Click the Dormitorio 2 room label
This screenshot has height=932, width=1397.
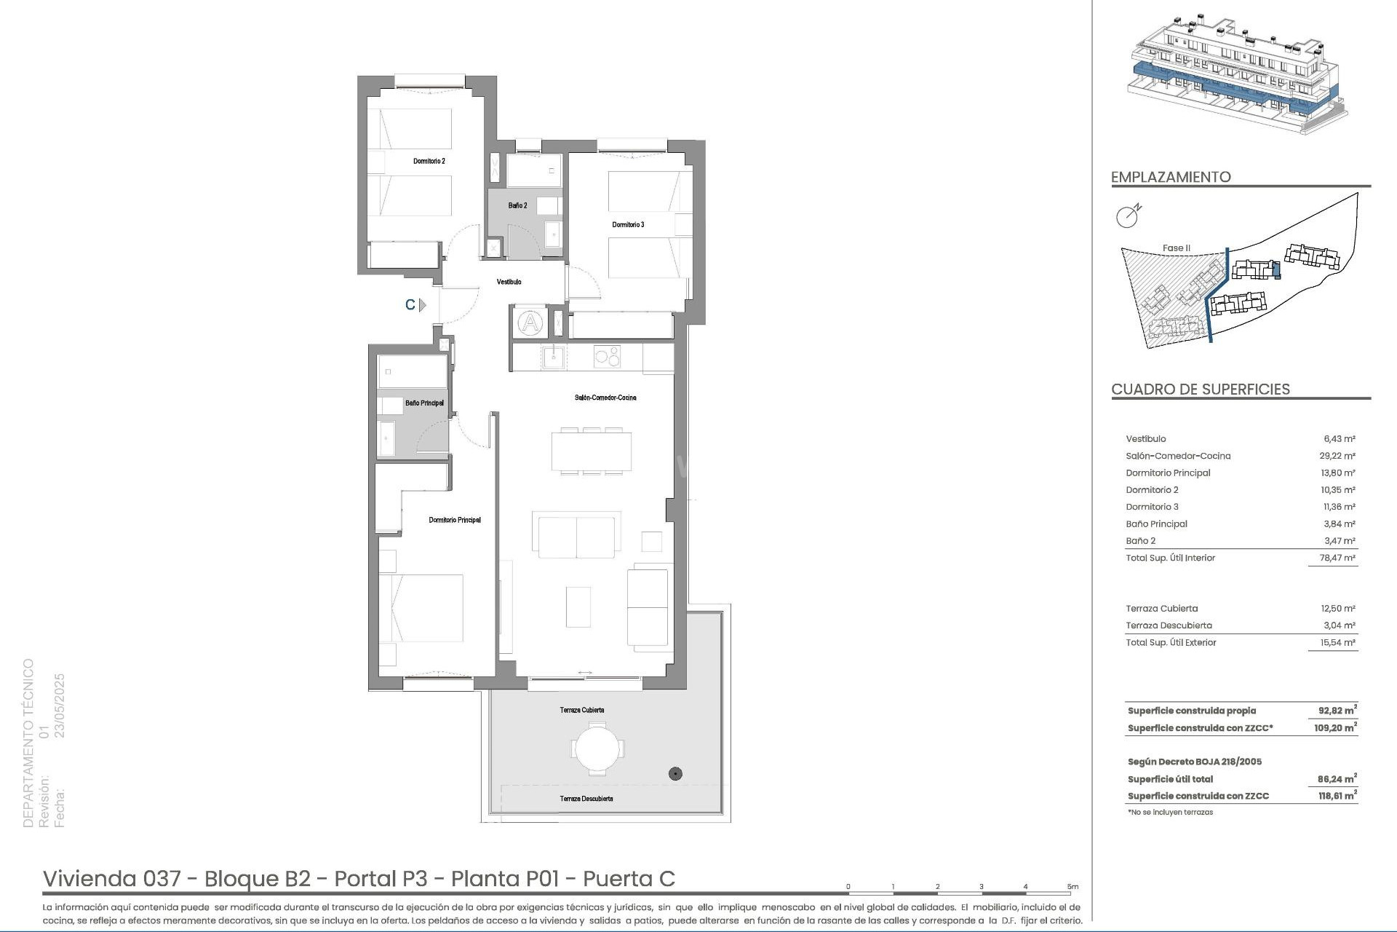click(x=429, y=161)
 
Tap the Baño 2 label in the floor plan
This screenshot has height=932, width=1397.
click(x=517, y=206)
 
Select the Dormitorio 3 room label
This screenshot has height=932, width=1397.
click(x=628, y=225)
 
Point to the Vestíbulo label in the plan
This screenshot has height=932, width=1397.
click(x=509, y=282)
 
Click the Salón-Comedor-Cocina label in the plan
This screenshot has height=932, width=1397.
click(x=605, y=398)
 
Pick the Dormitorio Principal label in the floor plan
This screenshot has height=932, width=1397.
click(x=455, y=520)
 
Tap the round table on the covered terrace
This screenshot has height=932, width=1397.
click(x=597, y=749)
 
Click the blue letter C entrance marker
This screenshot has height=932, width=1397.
click(x=410, y=305)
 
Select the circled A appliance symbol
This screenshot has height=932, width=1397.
click(x=531, y=323)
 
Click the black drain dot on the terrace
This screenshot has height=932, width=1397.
click(x=675, y=774)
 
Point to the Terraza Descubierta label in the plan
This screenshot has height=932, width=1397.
click(x=586, y=799)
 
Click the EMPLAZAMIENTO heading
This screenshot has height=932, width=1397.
click(x=1171, y=177)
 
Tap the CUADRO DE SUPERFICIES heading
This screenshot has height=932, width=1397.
click(x=1201, y=390)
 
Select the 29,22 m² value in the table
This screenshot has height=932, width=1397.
click(x=1339, y=456)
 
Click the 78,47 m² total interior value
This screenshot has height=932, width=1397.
click(x=1339, y=558)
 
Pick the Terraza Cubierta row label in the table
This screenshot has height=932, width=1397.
click(x=1161, y=608)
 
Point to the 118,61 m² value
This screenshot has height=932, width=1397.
click(x=1337, y=797)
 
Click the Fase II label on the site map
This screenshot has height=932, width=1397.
click(x=1177, y=248)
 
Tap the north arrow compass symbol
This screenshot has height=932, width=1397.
click(x=1128, y=216)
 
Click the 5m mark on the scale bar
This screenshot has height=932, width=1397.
click(x=1072, y=887)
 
